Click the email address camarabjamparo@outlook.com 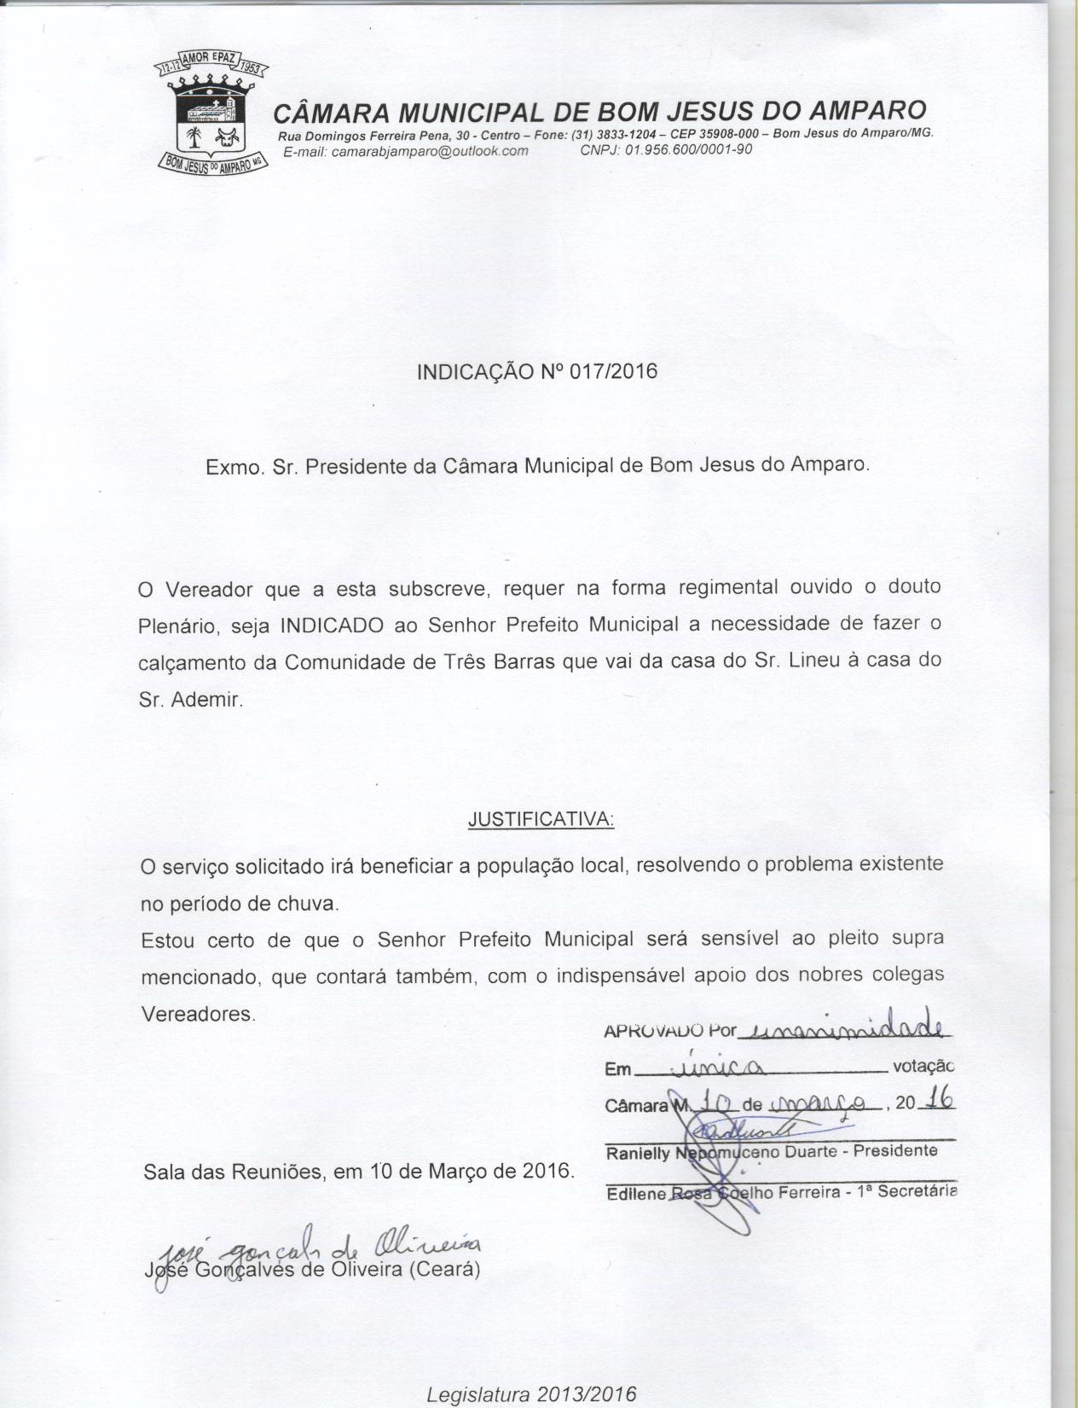[405, 151]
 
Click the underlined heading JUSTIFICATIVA [541, 819]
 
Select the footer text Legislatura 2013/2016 [530, 1393]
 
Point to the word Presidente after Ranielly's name [895, 1150]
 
